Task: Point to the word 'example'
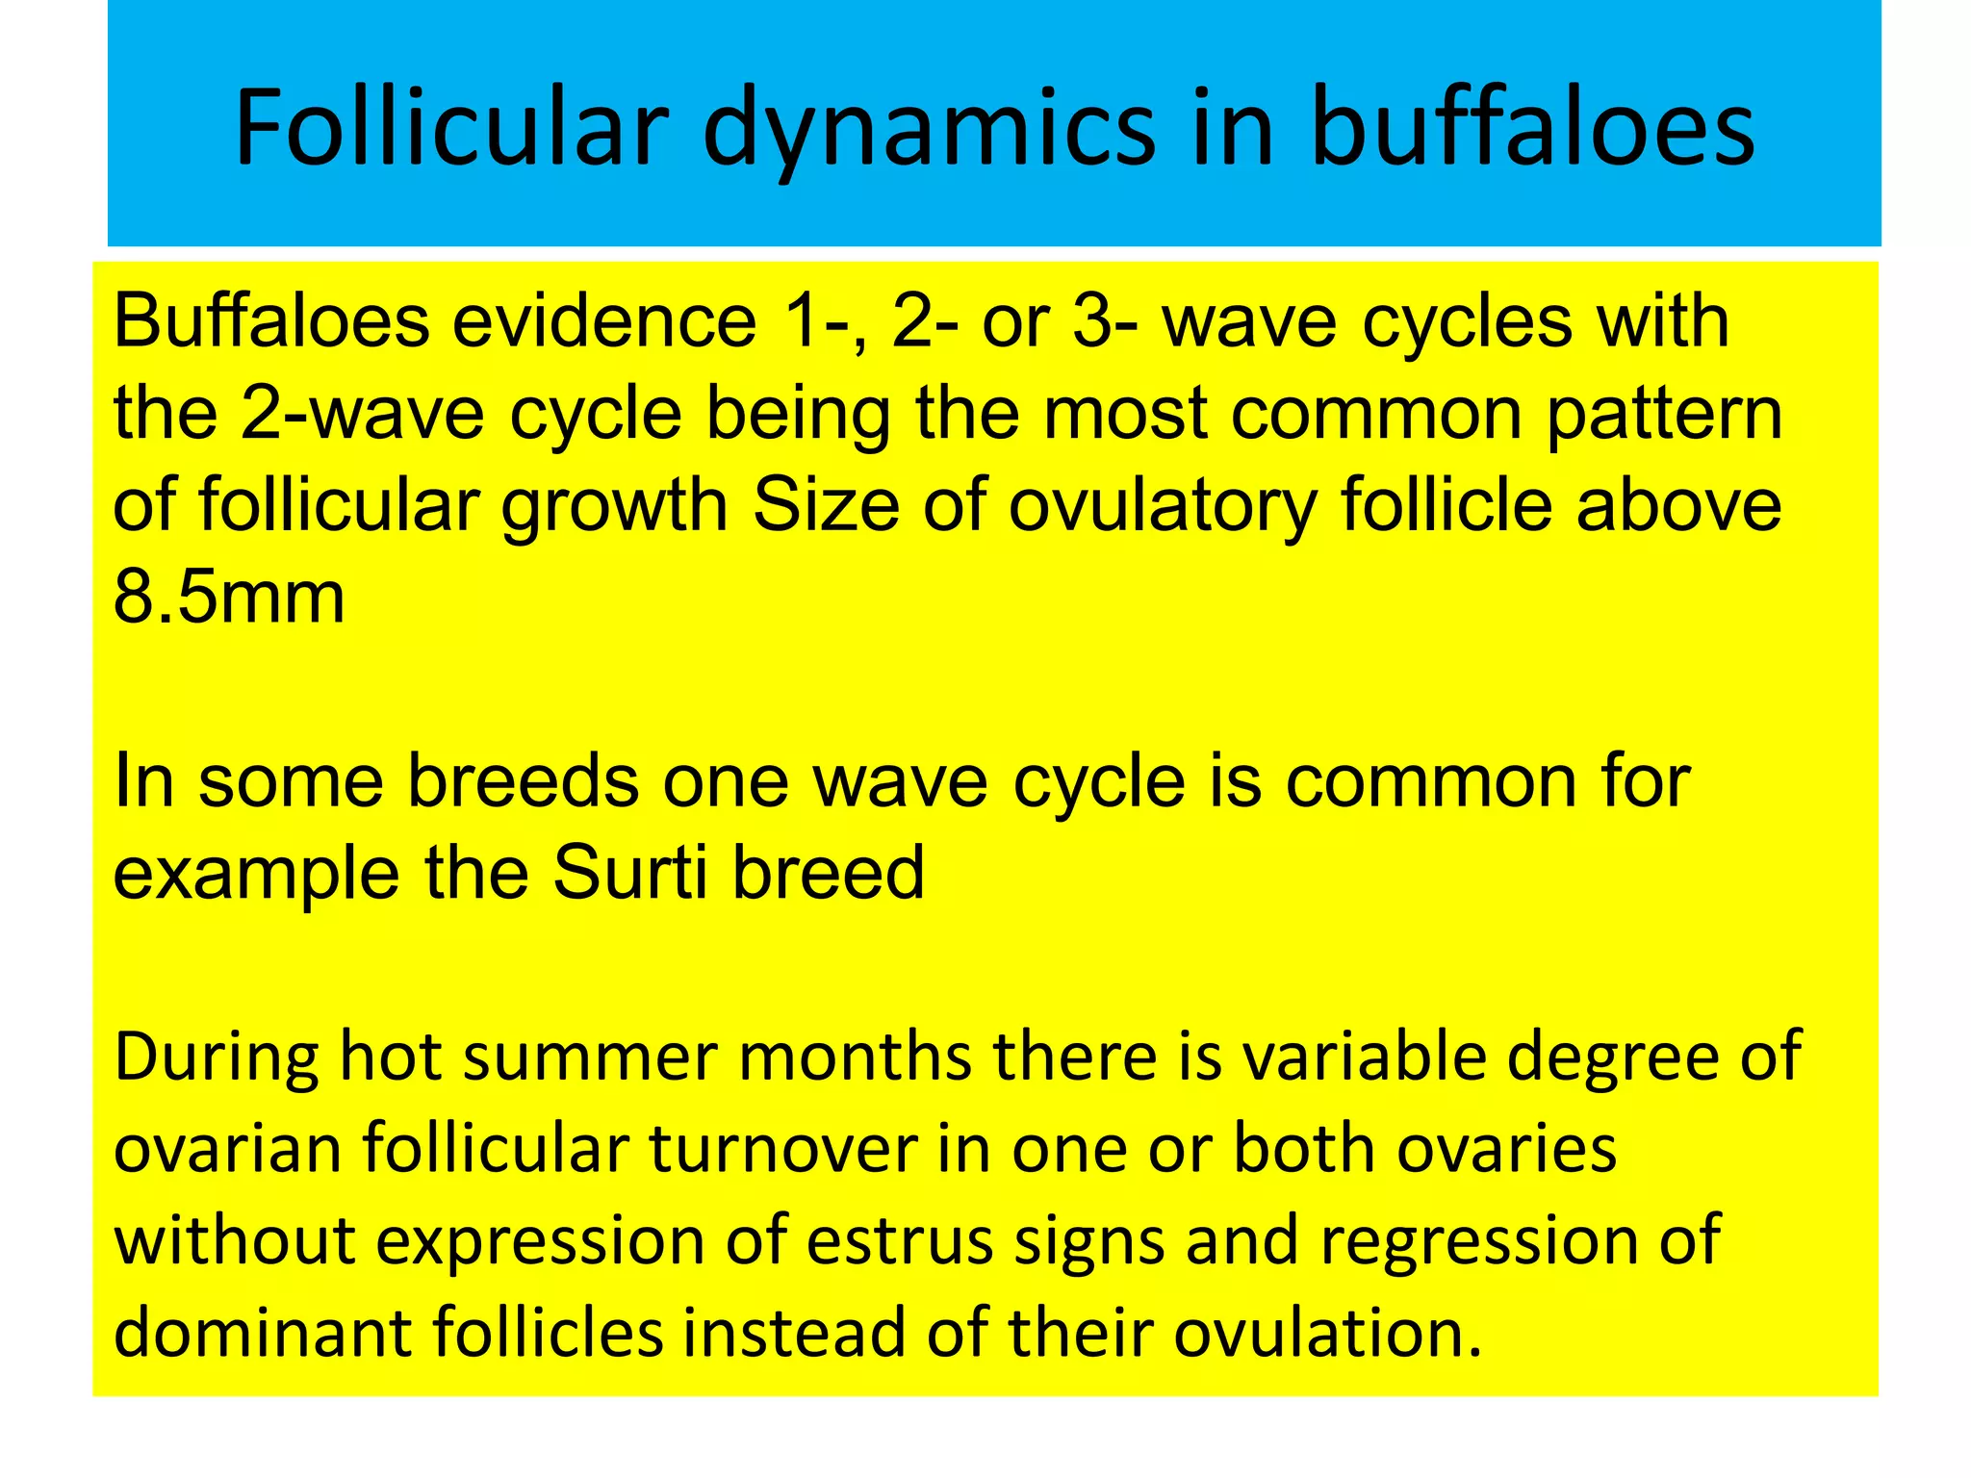tap(256, 874)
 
